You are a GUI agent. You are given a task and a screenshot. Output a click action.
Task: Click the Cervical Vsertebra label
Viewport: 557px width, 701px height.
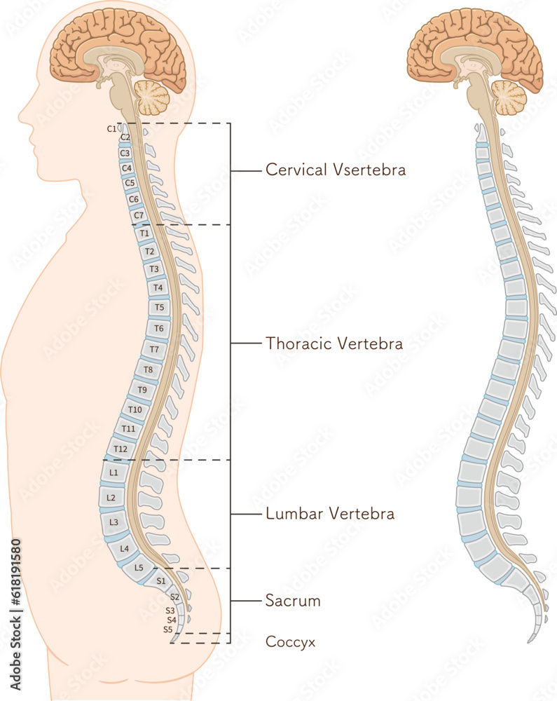click(x=336, y=170)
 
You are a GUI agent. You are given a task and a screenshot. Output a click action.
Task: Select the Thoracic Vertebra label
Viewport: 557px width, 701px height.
click(x=334, y=343)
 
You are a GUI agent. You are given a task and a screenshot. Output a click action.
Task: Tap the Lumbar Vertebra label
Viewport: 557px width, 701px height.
click(x=330, y=514)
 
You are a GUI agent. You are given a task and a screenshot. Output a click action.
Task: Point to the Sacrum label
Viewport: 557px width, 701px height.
click(x=293, y=601)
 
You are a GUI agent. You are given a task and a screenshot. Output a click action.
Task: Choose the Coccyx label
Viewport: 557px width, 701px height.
click(x=290, y=641)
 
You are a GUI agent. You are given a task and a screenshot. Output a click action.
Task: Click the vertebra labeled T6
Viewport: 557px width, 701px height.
click(x=159, y=328)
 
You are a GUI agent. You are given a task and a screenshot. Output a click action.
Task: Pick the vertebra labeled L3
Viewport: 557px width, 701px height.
click(x=114, y=522)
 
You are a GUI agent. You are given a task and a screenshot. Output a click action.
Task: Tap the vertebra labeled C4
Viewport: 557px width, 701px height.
click(x=127, y=168)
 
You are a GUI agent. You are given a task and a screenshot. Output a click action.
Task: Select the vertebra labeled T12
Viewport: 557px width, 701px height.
click(x=121, y=449)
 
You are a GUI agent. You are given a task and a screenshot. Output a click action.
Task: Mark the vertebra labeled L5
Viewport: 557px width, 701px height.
click(x=139, y=567)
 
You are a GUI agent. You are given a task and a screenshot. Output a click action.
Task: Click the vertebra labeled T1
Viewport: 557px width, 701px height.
click(x=144, y=233)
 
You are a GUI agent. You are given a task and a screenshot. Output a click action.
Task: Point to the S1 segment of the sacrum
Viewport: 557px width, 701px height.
click(x=160, y=580)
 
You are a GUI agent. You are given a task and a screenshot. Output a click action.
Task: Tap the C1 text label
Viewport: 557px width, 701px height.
click(x=111, y=128)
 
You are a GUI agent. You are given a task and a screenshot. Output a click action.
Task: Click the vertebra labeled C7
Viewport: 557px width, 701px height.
click(x=138, y=215)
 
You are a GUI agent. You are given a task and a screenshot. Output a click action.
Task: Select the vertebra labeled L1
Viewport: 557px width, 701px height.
click(x=114, y=473)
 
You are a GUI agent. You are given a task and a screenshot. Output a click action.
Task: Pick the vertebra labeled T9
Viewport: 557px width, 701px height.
click(x=142, y=390)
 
